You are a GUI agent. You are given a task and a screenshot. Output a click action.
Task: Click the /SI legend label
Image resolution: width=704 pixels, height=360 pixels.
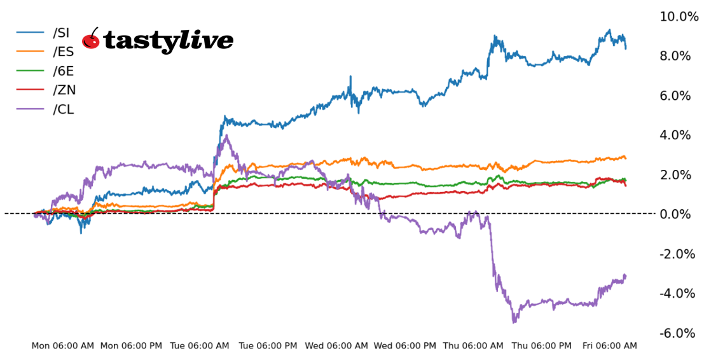point(62,32)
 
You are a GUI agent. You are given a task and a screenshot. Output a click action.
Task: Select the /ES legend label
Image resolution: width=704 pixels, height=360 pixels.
point(64,52)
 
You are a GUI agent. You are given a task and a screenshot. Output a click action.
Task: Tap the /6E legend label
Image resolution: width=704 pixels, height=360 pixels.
point(64,71)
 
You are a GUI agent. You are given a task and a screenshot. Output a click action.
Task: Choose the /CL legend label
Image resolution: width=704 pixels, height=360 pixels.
point(64,109)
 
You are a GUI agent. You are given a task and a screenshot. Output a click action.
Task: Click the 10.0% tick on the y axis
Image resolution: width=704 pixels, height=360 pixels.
point(679,17)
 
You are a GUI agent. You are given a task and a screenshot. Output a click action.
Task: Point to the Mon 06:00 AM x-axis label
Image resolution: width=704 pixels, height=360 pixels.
point(63,346)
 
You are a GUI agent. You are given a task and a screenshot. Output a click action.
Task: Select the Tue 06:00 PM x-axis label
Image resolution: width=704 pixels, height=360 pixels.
point(268,346)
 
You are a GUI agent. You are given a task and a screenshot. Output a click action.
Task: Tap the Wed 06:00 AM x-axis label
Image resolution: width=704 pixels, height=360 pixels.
point(336,346)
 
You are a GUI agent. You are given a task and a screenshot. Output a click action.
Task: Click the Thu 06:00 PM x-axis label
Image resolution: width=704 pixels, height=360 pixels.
point(542,346)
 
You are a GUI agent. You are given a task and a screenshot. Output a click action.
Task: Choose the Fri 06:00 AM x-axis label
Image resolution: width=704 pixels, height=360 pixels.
point(610,346)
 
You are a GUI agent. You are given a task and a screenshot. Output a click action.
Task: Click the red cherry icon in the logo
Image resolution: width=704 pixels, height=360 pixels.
point(91,39)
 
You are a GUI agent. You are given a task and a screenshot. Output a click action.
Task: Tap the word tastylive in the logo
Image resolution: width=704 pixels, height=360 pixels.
point(168,41)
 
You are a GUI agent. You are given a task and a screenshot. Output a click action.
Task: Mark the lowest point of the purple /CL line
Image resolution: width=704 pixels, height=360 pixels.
point(514,322)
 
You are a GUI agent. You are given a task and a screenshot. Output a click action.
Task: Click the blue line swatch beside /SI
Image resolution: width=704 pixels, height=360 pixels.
point(31,32)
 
